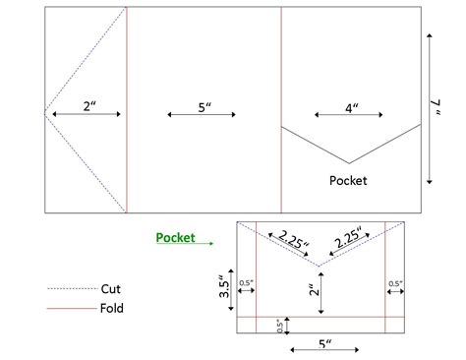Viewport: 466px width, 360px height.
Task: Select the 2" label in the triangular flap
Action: [x=88, y=105]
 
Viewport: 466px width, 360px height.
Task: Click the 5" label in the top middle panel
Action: [x=204, y=106]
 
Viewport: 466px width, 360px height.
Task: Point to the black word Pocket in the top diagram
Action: [x=349, y=180]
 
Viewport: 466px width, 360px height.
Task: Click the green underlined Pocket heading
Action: [x=175, y=237]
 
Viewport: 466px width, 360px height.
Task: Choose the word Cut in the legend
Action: [x=111, y=289]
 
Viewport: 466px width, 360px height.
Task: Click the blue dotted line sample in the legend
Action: [x=68, y=290]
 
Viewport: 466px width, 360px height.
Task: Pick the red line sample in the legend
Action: [x=68, y=309]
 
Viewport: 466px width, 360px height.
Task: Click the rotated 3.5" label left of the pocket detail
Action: [x=224, y=287]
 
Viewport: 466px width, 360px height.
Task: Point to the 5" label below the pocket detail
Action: [x=324, y=344]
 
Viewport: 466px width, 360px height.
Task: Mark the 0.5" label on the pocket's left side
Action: [x=246, y=284]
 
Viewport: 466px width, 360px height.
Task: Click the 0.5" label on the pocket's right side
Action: [x=395, y=284]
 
